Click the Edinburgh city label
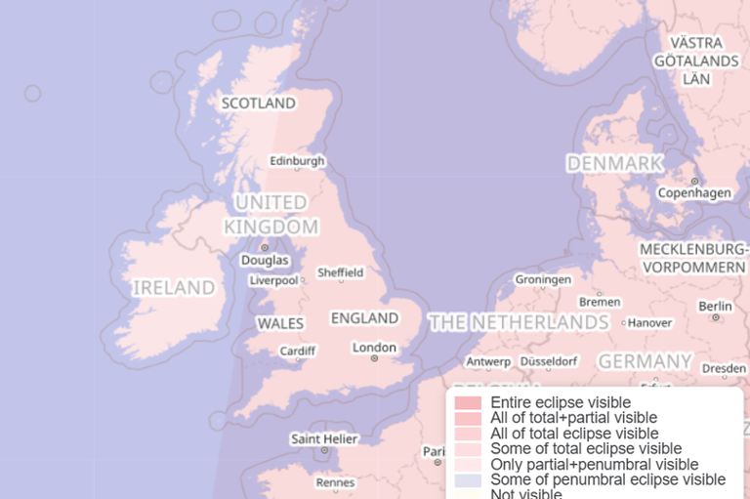pos(297,161)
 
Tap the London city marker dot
pos(374,358)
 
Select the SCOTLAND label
pos(258,103)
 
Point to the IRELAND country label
pos(174,288)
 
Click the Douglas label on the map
pos(265,261)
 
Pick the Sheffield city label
pos(340,272)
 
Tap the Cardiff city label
pos(297,351)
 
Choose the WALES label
pos(280,323)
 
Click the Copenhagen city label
pos(694,193)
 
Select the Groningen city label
pos(543,279)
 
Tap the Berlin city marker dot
pos(716,317)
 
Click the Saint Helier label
pos(324,439)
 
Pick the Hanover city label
pos(650,322)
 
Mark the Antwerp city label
pos(487,362)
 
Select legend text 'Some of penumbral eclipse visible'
pos(607,479)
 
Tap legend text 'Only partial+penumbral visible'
pos(594,464)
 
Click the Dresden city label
pos(725,369)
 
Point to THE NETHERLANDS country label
pos(519,322)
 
